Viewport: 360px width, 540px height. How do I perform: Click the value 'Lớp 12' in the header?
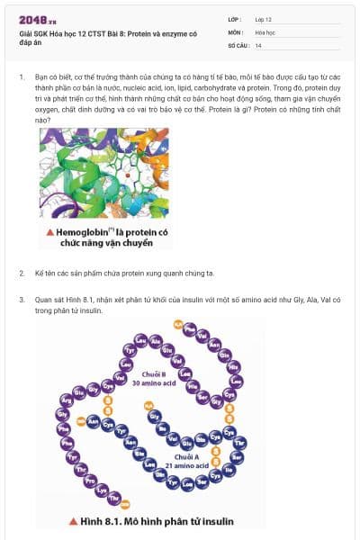(x=264, y=19)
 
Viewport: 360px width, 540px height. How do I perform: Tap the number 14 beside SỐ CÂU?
(x=258, y=44)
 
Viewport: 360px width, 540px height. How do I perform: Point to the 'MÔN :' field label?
(x=236, y=31)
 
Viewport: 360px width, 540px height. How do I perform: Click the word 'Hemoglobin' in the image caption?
(x=88, y=232)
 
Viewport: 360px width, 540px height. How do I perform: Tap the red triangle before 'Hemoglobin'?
(x=51, y=232)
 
